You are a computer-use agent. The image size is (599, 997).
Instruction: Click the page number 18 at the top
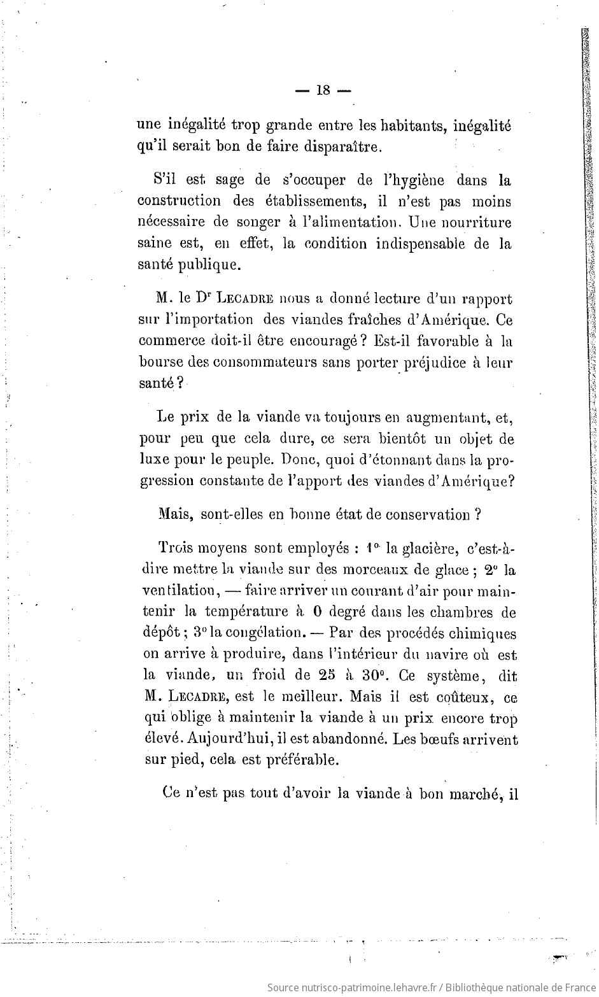(324, 90)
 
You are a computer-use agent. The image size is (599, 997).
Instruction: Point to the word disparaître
(341, 147)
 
